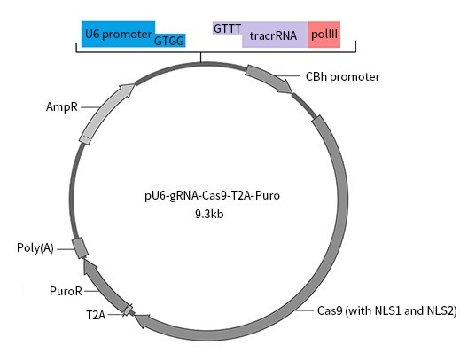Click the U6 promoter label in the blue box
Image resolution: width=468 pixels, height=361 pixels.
[118, 34]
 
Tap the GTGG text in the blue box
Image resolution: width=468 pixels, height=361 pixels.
[169, 41]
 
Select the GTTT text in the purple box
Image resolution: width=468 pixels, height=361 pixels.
[228, 28]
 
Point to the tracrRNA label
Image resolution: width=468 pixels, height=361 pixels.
[273, 35]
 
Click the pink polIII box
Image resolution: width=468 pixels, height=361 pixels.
[324, 35]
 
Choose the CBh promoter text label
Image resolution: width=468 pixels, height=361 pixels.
[343, 77]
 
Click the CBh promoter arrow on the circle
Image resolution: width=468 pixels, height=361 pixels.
[269, 78]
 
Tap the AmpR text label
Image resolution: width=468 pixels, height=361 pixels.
[62, 106]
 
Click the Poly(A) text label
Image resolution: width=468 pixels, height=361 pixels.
[35, 247]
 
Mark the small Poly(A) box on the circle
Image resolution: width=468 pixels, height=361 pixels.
[80, 247]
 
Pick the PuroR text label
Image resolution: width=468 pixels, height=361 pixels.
[66, 291]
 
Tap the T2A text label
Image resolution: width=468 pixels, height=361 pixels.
[96, 315]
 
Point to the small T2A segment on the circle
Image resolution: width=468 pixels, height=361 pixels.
[129, 310]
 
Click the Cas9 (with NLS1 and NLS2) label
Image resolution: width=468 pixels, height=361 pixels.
[386, 310]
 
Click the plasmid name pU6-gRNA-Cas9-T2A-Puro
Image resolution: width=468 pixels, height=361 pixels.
[212, 196]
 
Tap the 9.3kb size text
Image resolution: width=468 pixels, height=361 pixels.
[209, 214]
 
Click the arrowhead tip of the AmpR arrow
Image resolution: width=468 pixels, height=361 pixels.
[135, 84]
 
